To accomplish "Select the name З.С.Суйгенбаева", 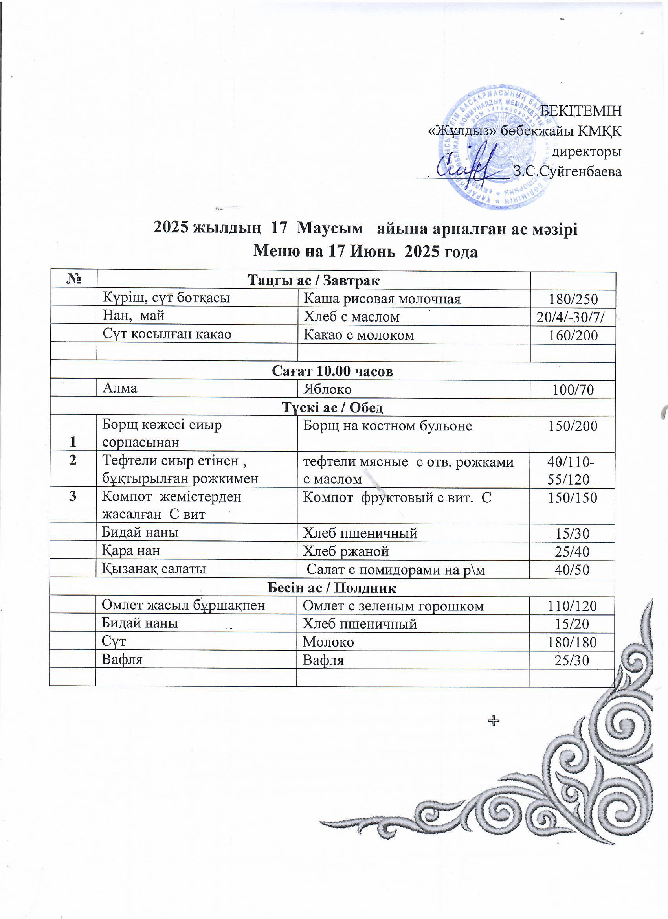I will click(x=567, y=172).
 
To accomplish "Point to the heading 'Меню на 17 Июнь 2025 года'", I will click(x=365, y=252).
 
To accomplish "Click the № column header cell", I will click(x=73, y=280).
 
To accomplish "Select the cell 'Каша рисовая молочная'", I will click(x=382, y=299).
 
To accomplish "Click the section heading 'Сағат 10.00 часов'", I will click(x=332, y=371).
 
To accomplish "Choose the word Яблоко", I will click(x=327, y=390).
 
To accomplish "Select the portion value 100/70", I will click(x=573, y=390).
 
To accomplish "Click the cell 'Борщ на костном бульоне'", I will click(x=388, y=426).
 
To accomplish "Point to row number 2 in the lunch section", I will click(x=73, y=461).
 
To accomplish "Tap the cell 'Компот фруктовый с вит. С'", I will click(x=397, y=497).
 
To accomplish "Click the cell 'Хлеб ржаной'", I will click(x=346, y=551).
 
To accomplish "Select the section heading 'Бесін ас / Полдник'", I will click(x=332, y=588).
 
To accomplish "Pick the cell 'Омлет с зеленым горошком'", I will click(x=393, y=606).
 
